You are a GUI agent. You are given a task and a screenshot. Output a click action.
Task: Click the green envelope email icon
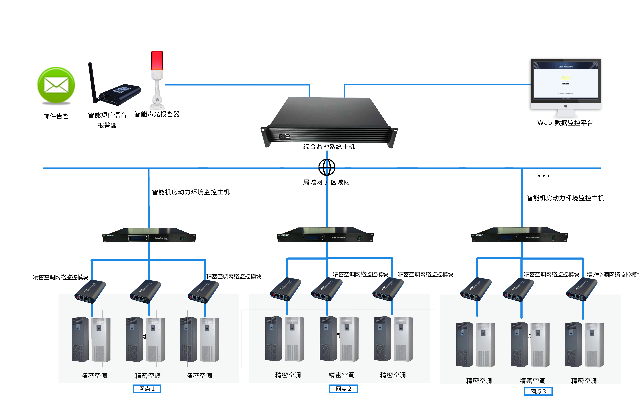click(x=56, y=86)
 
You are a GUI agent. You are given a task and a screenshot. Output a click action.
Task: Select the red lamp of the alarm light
click(x=157, y=60)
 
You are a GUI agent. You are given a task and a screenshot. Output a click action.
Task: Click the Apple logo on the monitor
click(x=566, y=106)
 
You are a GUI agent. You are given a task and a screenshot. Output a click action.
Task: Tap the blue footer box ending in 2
click(x=343, y=388)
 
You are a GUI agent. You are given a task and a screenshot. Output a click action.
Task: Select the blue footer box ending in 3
click(x=538, y=391)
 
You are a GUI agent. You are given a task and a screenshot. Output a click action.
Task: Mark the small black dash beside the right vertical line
click(x=544, y=176)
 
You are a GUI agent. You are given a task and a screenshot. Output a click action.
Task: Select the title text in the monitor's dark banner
click(x=566, y=67)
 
